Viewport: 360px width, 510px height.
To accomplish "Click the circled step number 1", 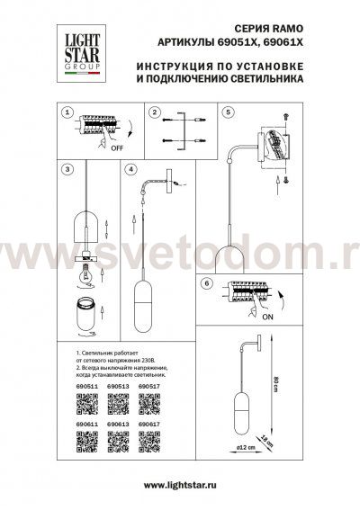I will click(67, 114).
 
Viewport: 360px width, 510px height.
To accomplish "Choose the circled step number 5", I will click(228, 114).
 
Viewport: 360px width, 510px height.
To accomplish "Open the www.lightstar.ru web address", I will click(180, 487).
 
